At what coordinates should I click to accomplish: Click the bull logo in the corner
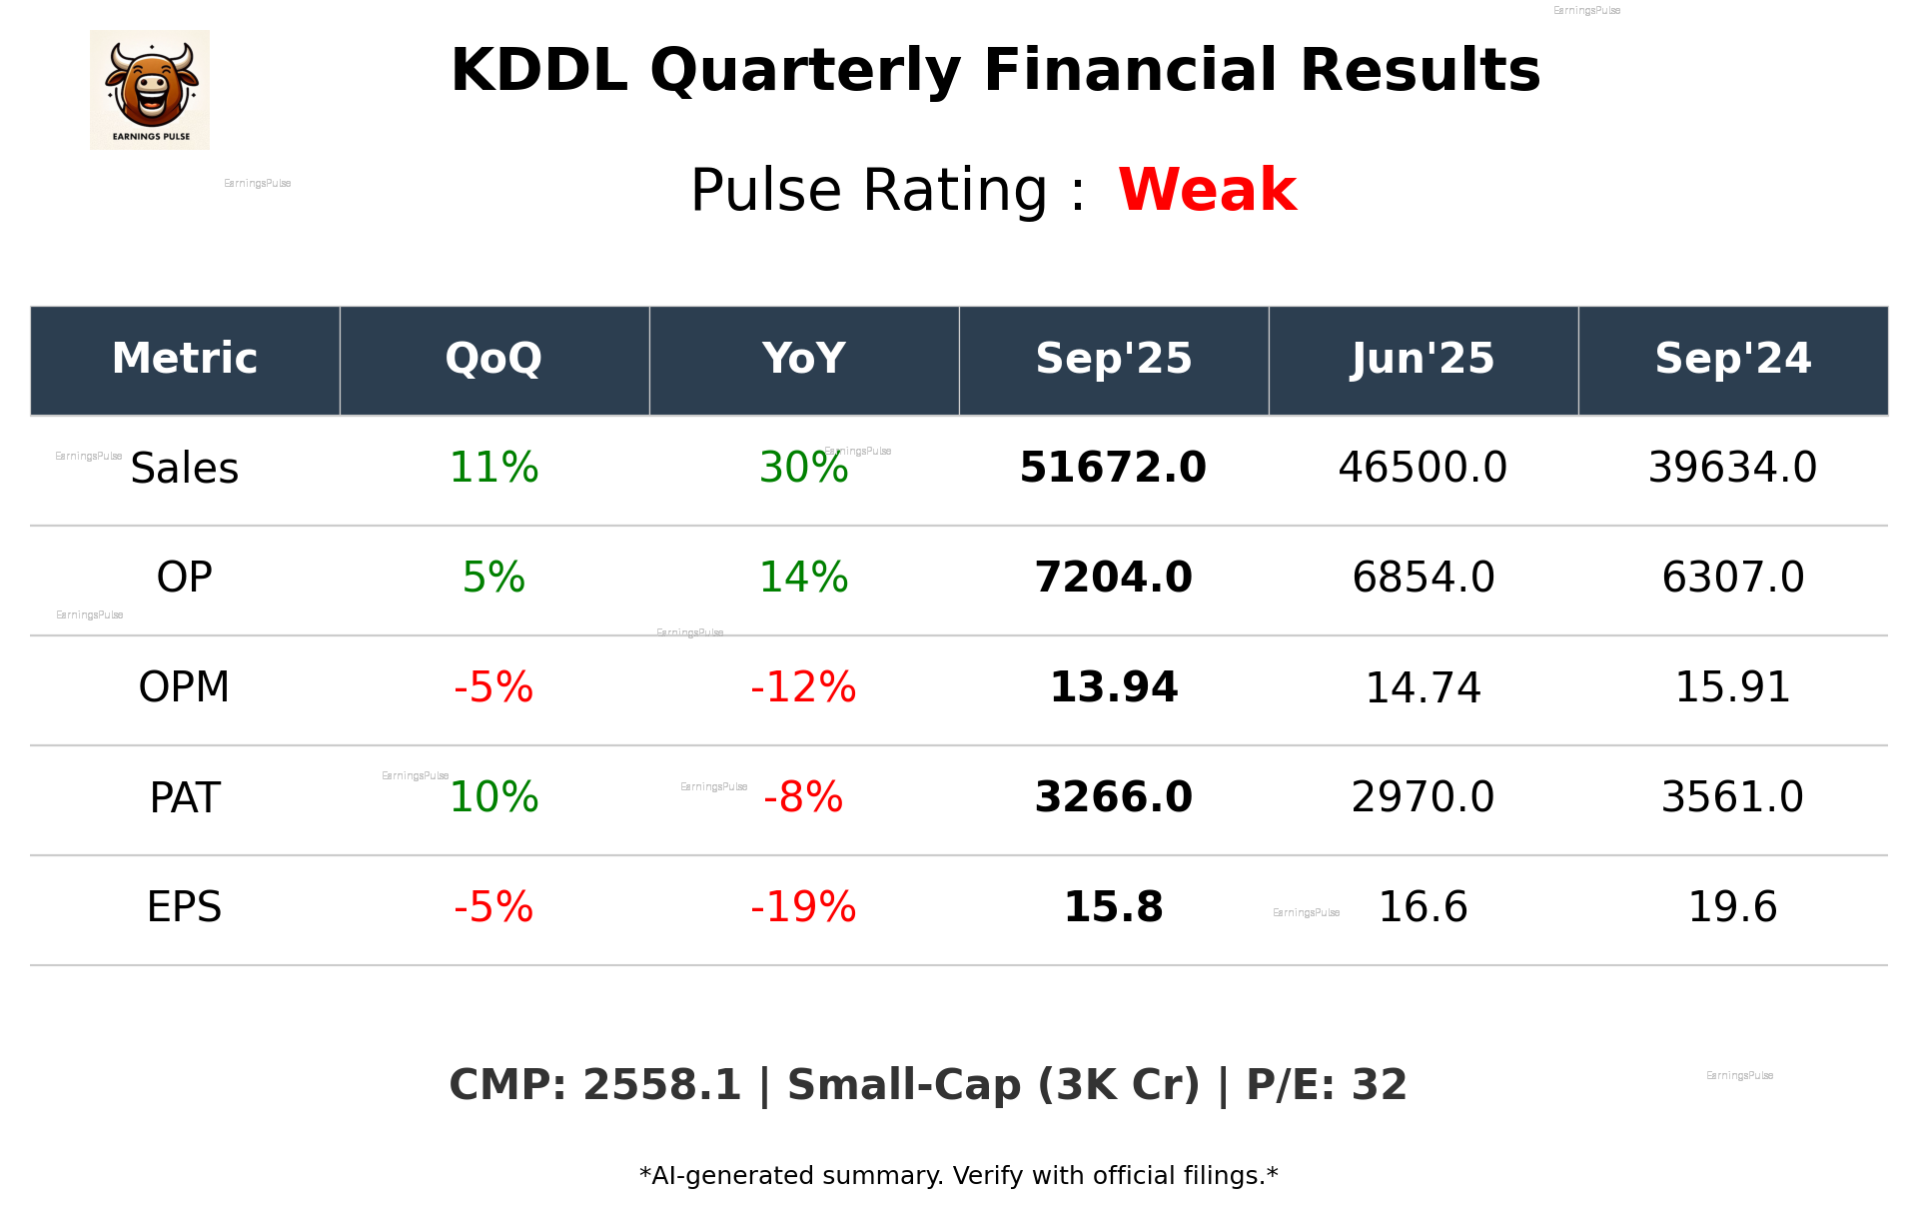[150, 90]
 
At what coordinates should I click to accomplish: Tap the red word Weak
[1207, 190]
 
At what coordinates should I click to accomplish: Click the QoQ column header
[493, 359]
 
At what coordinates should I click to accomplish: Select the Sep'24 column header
[1732, 359]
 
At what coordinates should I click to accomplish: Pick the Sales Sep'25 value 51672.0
[1113, 468]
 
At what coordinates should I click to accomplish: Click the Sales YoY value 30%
[803, 468]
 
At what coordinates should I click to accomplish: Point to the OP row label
[185, 578]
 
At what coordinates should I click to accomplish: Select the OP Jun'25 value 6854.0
[1423, 578]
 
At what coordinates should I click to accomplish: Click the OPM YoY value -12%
[803, 687]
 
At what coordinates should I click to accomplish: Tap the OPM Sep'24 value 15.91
[1732, 687]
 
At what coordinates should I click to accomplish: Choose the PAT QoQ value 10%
[493, 797]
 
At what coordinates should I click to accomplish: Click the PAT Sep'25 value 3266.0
[1113, 797]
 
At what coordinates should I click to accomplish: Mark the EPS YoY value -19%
[803, 907]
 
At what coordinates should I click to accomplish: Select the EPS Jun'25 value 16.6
[1423, 907]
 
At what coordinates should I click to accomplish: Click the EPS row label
[185, 907]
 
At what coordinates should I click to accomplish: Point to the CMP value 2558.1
[660, 1085]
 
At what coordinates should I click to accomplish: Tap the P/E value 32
[1379, 1085]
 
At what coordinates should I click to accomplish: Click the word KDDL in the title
[538, 71]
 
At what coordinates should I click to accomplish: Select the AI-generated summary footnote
[958, 1176]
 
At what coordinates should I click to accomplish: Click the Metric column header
[185, 359]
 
